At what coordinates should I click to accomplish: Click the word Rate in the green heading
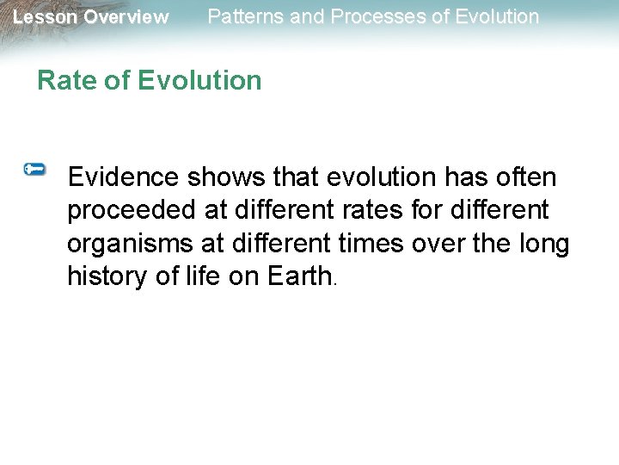tap(64, 80)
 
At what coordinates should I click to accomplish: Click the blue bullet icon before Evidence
tap(35, 170)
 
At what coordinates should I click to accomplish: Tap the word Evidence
tap(124, 177)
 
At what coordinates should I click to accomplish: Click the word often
tap(525, 177)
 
